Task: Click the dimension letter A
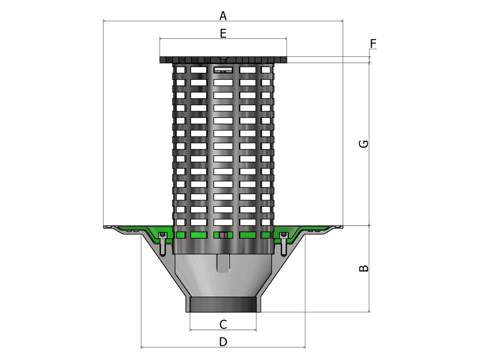coord(223,16)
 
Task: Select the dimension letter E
coord(223,34)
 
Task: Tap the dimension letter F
coord(373,44)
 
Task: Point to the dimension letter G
coord(364,144)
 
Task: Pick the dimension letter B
coord(364,268)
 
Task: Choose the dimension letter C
coord(223,325)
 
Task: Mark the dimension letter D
coord(223,342)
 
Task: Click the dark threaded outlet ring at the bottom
coord(223,304)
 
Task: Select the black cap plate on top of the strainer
coord(223,60)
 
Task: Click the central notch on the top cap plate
coord(223,59)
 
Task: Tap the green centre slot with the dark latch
coord(223,235)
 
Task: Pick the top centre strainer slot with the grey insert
coord(223,70)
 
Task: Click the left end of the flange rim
coord(104,227)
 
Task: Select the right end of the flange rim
coord(342,227)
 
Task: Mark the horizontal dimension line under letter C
coord(223,330)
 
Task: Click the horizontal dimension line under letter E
coord(223,39)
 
